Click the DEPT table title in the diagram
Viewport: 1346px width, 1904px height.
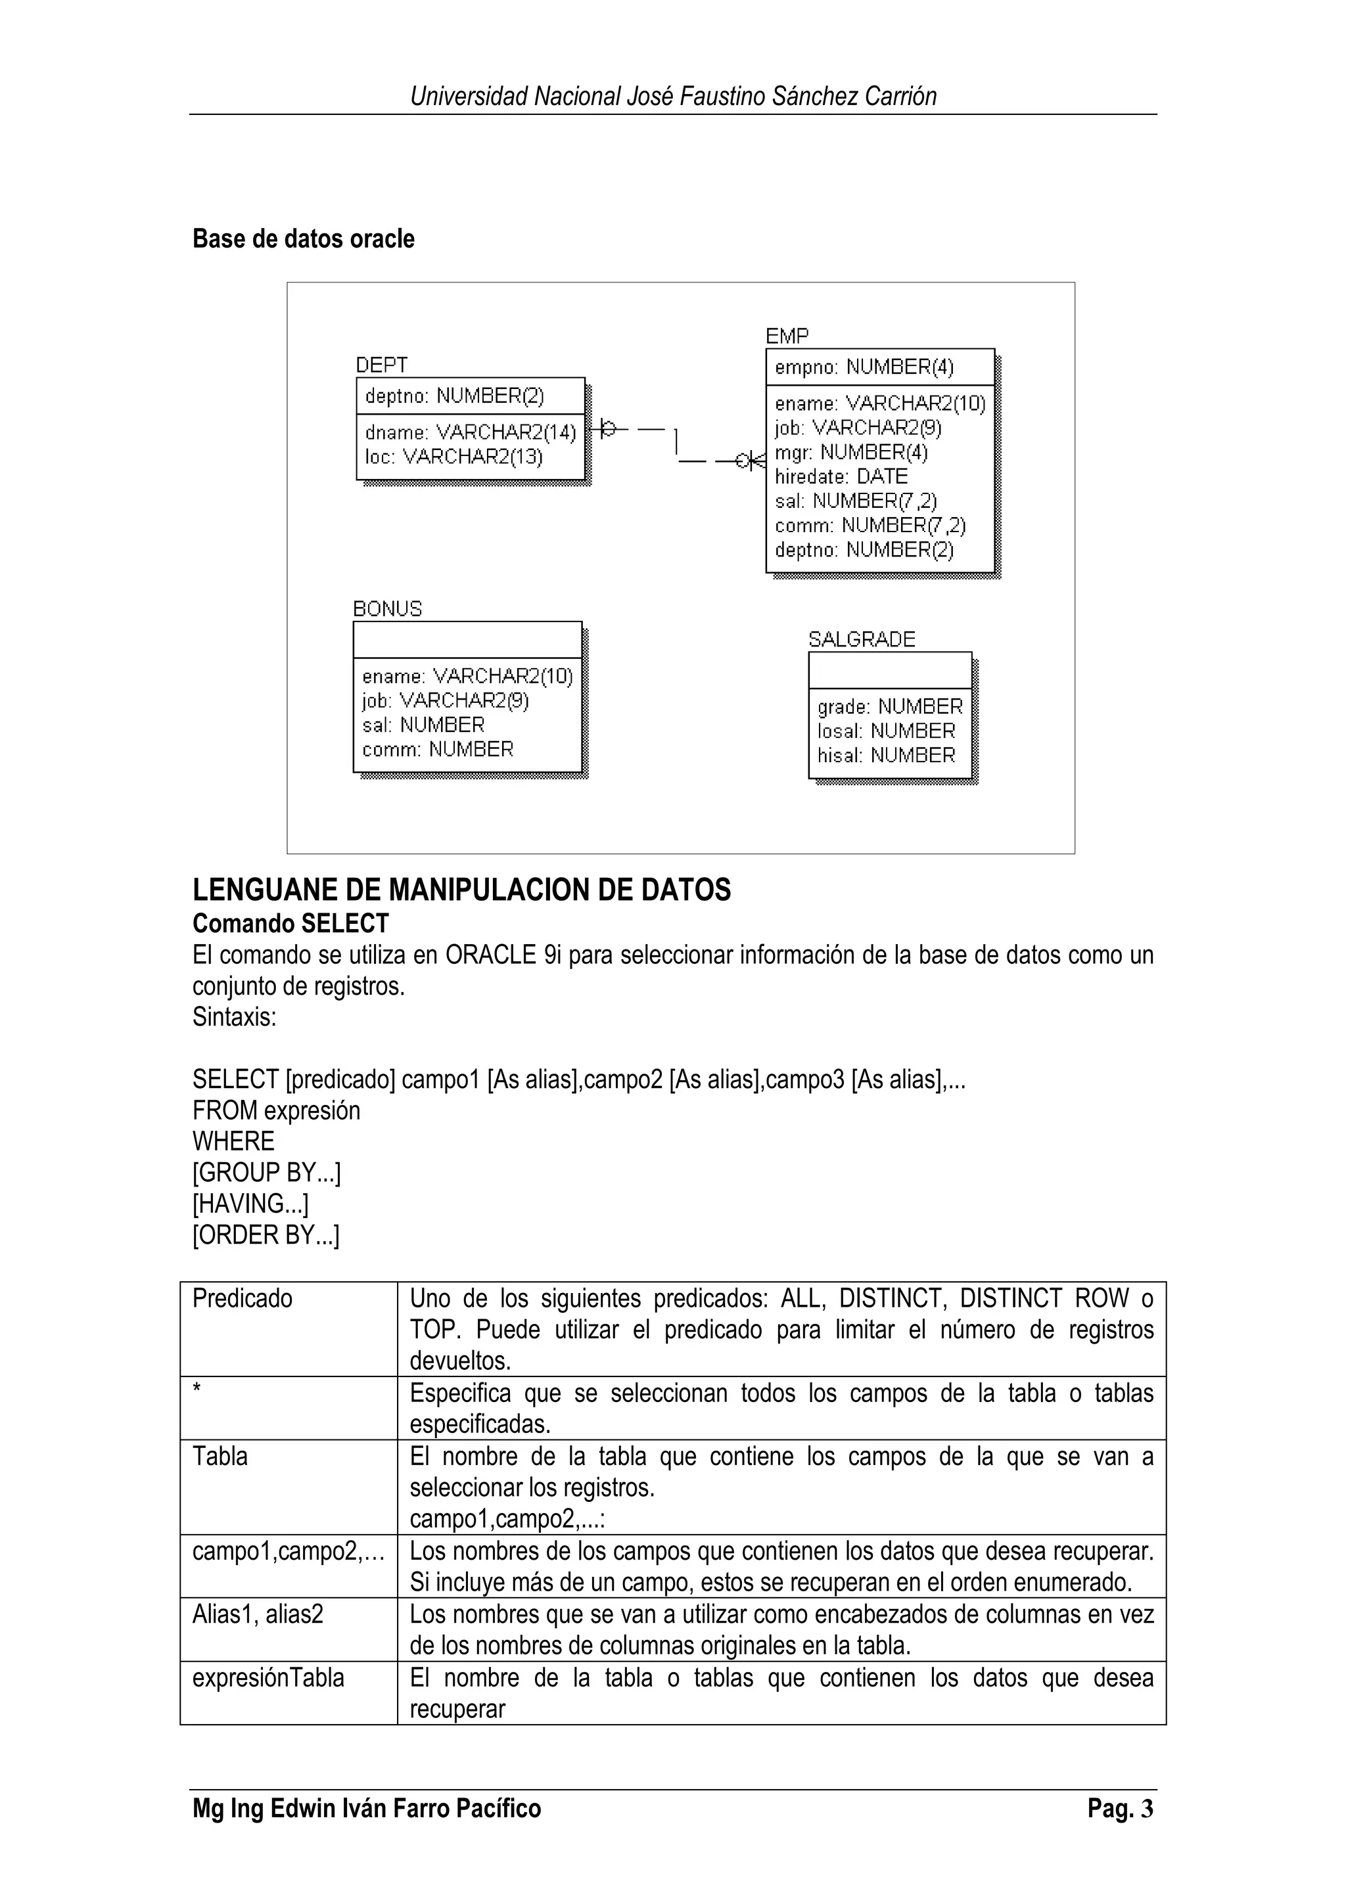click(x=381, y=365)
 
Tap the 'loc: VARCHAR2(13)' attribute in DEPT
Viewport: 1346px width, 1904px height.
click(x=453, y=457)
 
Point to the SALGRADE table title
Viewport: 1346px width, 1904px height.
click(x=861, y=639)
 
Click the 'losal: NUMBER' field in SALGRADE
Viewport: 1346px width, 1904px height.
click(x=886, y=731)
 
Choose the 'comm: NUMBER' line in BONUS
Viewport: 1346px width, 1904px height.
click(x=437, y=750)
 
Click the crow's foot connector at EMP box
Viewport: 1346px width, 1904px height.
click(x=753, y=461)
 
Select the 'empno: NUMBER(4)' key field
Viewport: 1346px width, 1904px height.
click(x=864, y=367)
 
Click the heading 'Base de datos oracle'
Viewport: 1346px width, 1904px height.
click(x=303, y=239)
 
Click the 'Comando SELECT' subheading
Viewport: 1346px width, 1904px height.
click(x=290, y=924)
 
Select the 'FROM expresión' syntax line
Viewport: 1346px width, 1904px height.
click(x=276, y=1110)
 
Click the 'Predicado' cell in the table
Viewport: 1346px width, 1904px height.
click(x=242, y=1299)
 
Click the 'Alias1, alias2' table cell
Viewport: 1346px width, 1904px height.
click(x=257, y=1614)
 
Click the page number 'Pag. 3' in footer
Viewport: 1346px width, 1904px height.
click(x=1120, y=1809)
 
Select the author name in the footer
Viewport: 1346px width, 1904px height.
click(x=367, y=1809)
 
